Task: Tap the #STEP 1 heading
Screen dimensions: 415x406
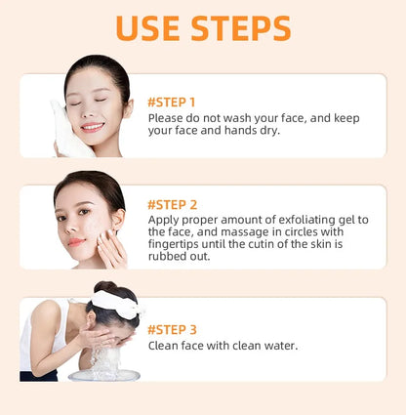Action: tap(172, 102)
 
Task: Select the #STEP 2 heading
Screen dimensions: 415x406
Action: tap(173, 205)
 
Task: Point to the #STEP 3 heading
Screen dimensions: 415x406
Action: tap(172, 329)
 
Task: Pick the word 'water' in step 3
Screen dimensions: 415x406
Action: tap(278, 346)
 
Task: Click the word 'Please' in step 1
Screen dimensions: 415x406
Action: tap(167, 118)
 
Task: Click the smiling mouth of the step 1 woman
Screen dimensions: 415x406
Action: tap(92, 126)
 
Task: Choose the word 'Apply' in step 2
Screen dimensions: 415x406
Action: tap(165, 221)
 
